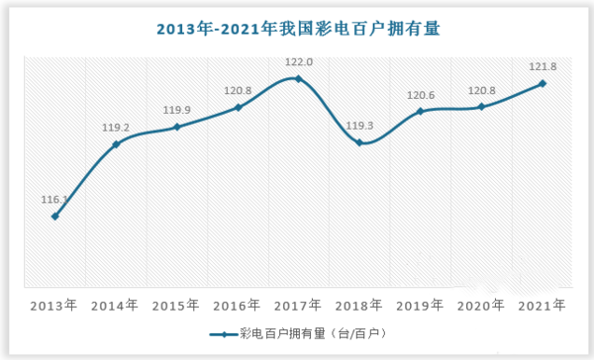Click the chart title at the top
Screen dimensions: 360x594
click(x=298, y=29)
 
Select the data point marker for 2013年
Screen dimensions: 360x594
click(x=55, y=217)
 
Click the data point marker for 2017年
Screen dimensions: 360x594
click(x=299, y=78)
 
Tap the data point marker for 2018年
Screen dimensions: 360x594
click(x=360, y=143)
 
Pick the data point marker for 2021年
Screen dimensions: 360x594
click(x=543, y=83)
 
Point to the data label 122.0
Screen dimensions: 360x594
click(x=299, y=61)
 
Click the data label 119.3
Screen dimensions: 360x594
click(x=360, y=127)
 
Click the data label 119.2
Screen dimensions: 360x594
click(x=116, y=128)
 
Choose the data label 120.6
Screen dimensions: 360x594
click(x=421, y=95)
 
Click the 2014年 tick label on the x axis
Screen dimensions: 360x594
click(x=116, y=306)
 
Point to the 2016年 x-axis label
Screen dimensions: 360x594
click(x=238, y=306)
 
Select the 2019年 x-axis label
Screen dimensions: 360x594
click(x=421, y=306)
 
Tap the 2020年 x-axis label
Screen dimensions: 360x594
click(x=481, y=306)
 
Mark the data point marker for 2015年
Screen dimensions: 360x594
click(x=177, y=127)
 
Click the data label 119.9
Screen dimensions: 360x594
click(x=177, y=110)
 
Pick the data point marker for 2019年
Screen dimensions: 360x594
click(x=421, y=112)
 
